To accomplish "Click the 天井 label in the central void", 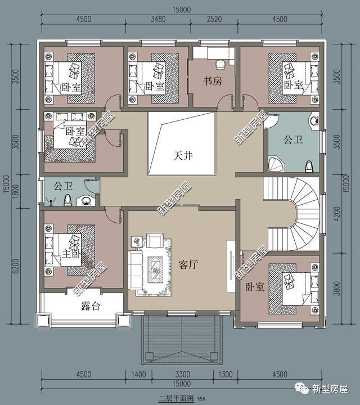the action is click(x=183, y=156).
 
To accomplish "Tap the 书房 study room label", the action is click(x=212, y=81).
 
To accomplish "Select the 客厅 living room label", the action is click(x=188, y=264).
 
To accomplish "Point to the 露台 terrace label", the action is click(x=91, y=306).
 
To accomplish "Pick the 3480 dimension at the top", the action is click(x=158, y=19).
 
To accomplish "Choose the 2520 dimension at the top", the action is click(x=214, y=19).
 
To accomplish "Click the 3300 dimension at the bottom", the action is click(x=183, y=374).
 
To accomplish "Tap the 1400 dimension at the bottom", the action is click(x=139, y=374).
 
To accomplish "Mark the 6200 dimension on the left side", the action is click(x=15, y=266).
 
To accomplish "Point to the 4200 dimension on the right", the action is click(x=337, y=214).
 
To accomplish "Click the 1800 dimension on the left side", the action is click(x=15, y=191).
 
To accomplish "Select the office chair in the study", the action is click(x=220, y=65).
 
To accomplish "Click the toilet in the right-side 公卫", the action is click(x=309, y=166).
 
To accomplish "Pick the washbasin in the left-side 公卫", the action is click(x=86, y=200).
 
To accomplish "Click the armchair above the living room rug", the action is click(x=155, y=240).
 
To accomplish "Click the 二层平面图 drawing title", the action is click(x=177, y=398).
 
